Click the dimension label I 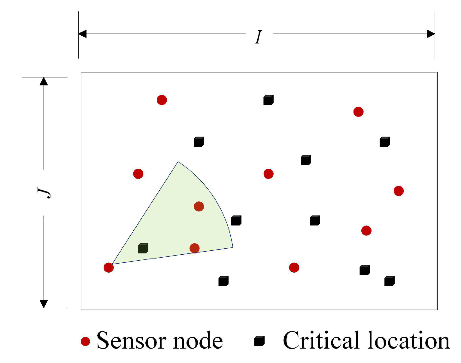(259, 37)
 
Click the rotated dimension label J (44, 192)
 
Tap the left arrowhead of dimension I (82, 34)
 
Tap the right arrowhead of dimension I (431, 34)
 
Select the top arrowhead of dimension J (44, 81)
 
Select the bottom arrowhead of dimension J (44, 304)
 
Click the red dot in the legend (86, 341)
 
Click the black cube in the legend (259, 341)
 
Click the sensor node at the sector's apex (109, 267)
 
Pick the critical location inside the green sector (143, 248)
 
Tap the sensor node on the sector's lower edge (195, 248)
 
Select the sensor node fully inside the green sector (199, 207)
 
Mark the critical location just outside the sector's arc (236, 220)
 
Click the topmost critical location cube (268, 100)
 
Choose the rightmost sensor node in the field (399, 191)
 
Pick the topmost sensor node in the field (162, 100)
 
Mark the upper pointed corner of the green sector (178, 162)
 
